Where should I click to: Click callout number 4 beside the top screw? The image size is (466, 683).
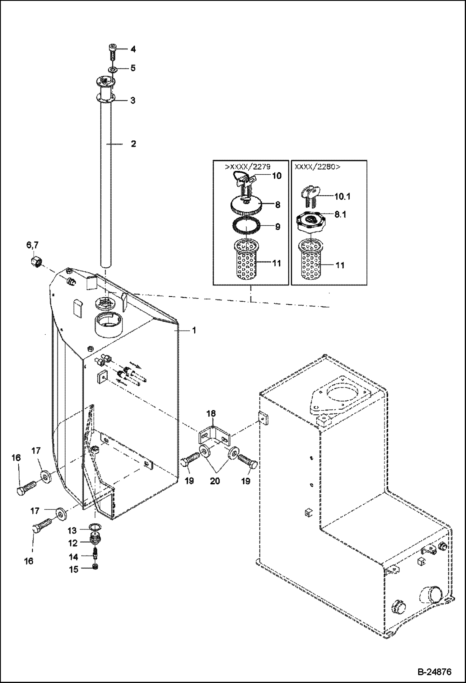click(x=133, y=49)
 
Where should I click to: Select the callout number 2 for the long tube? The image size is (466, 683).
click(x=133, y=144)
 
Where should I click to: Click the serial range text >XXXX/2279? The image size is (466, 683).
click(x=248, y=167)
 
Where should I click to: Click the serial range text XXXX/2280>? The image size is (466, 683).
click(x=317, y=167)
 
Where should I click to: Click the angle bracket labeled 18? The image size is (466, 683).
click(x=214, y=218)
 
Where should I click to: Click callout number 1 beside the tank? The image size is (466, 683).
click(x=194, y=330)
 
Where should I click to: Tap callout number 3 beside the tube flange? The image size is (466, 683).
click(x=133, y=101)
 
